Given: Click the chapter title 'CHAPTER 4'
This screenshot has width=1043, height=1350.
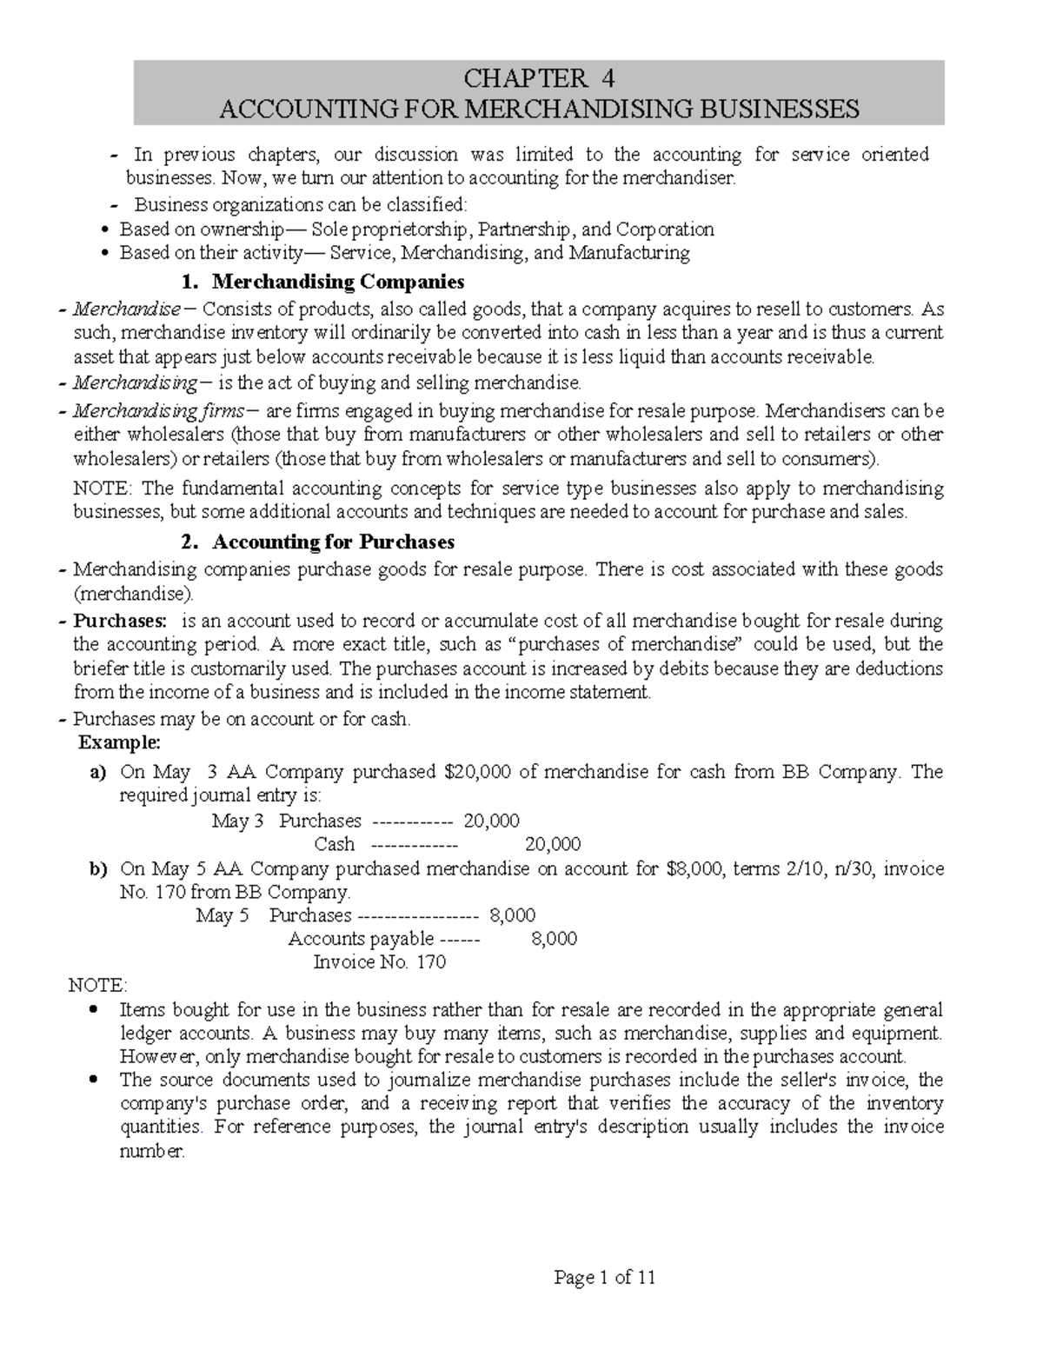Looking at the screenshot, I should (539, 79).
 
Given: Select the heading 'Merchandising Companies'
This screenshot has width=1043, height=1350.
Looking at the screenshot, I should (338, 282).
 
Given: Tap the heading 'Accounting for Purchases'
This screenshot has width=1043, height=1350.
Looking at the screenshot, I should (334, 542).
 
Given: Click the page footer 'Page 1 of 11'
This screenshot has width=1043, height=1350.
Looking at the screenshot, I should (605, 1277).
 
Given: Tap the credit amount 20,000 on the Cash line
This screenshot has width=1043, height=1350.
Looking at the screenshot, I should (553, 844).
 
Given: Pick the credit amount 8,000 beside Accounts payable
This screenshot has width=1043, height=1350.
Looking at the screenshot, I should (553, 939).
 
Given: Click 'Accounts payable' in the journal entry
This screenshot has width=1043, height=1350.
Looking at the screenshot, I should (361, 939).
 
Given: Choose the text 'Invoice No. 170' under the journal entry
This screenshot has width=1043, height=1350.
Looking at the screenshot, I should (379, 962).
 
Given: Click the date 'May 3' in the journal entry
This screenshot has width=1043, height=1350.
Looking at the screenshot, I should (237, 821).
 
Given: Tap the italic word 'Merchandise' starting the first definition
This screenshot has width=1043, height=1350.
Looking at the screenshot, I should (127, 309).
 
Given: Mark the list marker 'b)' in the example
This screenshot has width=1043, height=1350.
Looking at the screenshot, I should (97, 868).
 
